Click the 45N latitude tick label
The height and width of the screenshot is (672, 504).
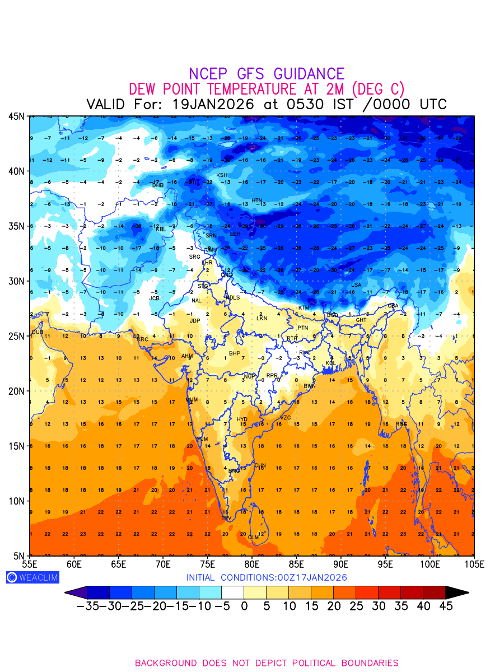point(16,116)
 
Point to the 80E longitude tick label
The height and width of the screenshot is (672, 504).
point(252,563)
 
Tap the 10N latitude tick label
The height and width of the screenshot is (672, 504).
point(16,501)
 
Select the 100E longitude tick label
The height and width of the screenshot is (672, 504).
point(430,563)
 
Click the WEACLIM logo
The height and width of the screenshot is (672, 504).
point(32,577)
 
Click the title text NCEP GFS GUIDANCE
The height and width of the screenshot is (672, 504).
point(267,74)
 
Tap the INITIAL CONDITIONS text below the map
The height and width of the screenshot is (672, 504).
point(267,577)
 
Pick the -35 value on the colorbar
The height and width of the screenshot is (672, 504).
point(89,606)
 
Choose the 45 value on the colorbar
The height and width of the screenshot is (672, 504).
point(445,606)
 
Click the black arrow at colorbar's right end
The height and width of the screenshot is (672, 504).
point(456,592)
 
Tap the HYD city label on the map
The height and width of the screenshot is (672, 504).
point(242,419)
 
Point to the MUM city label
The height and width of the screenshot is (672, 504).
point(192,400)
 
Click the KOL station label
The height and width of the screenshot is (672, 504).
point(330,363)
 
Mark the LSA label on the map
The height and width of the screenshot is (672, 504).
point(356,285)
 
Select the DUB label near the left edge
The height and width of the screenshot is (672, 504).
point(38,332)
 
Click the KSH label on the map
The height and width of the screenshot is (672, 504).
point(222,175)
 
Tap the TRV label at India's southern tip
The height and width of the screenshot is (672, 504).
point(226,519)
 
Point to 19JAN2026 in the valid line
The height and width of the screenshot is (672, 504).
point(213,105)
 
